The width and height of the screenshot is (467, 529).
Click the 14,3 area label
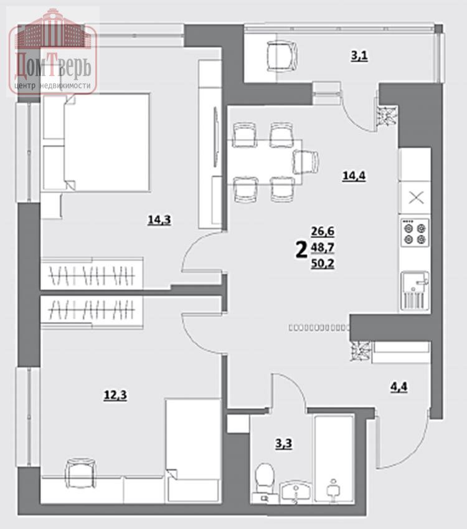point(159,221)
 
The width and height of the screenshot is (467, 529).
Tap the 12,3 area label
point(115,395)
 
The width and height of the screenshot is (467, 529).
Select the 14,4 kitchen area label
point(354,176)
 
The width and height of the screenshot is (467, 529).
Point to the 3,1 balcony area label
point(359,56)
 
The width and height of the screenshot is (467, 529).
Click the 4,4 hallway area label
point(399,387)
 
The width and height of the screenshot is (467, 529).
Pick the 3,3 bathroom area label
point(284,444)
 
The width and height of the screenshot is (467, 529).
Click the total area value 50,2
point(323,263)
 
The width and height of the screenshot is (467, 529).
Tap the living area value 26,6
point(323,231)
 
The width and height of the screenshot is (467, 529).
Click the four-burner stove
point(415,233)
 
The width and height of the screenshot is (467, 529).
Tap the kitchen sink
point(415,290)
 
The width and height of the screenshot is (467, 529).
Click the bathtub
point(334,459)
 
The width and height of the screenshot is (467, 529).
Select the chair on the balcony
point(283,56)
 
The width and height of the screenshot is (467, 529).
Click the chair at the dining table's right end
point(306,162)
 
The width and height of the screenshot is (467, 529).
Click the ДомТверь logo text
point(53,67)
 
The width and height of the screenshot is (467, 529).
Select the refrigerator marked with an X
point(415,198)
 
